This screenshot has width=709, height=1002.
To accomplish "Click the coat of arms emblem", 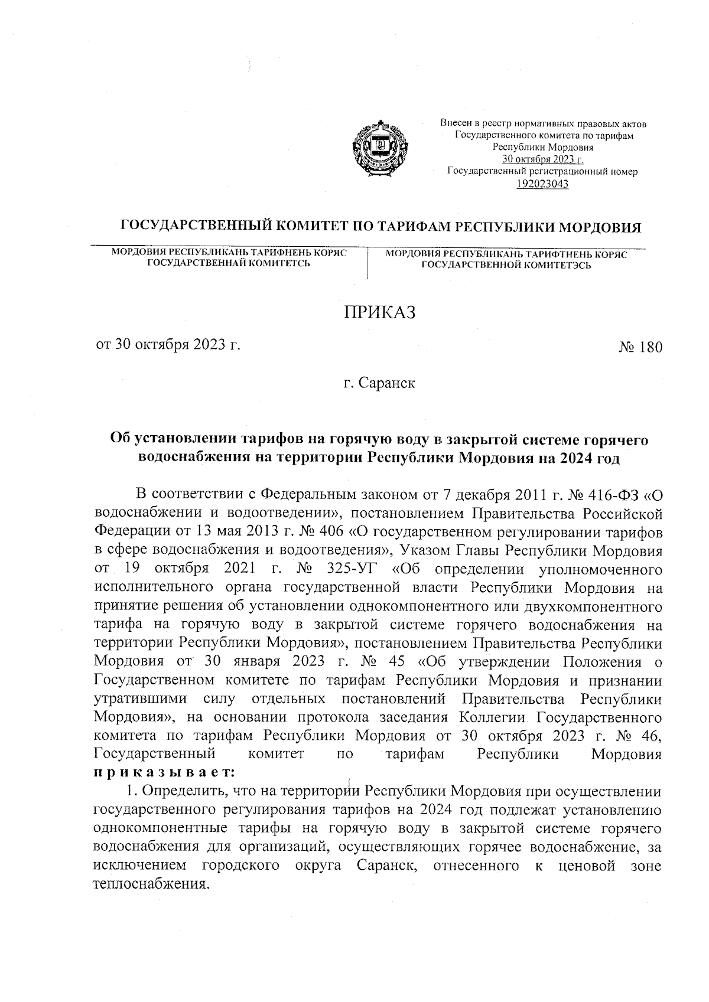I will pyautogui.click(x=378, y=147).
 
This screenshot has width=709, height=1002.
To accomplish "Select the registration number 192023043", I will pyautogui.click(x=542, y=184).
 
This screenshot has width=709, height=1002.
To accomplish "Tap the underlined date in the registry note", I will pyautogui.click(x=542, y=159).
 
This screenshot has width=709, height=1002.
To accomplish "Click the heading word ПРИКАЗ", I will pyautogui.click(x=380, y=312).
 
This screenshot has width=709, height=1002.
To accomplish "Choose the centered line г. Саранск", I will pyautogui.click(x=380, y=383).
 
